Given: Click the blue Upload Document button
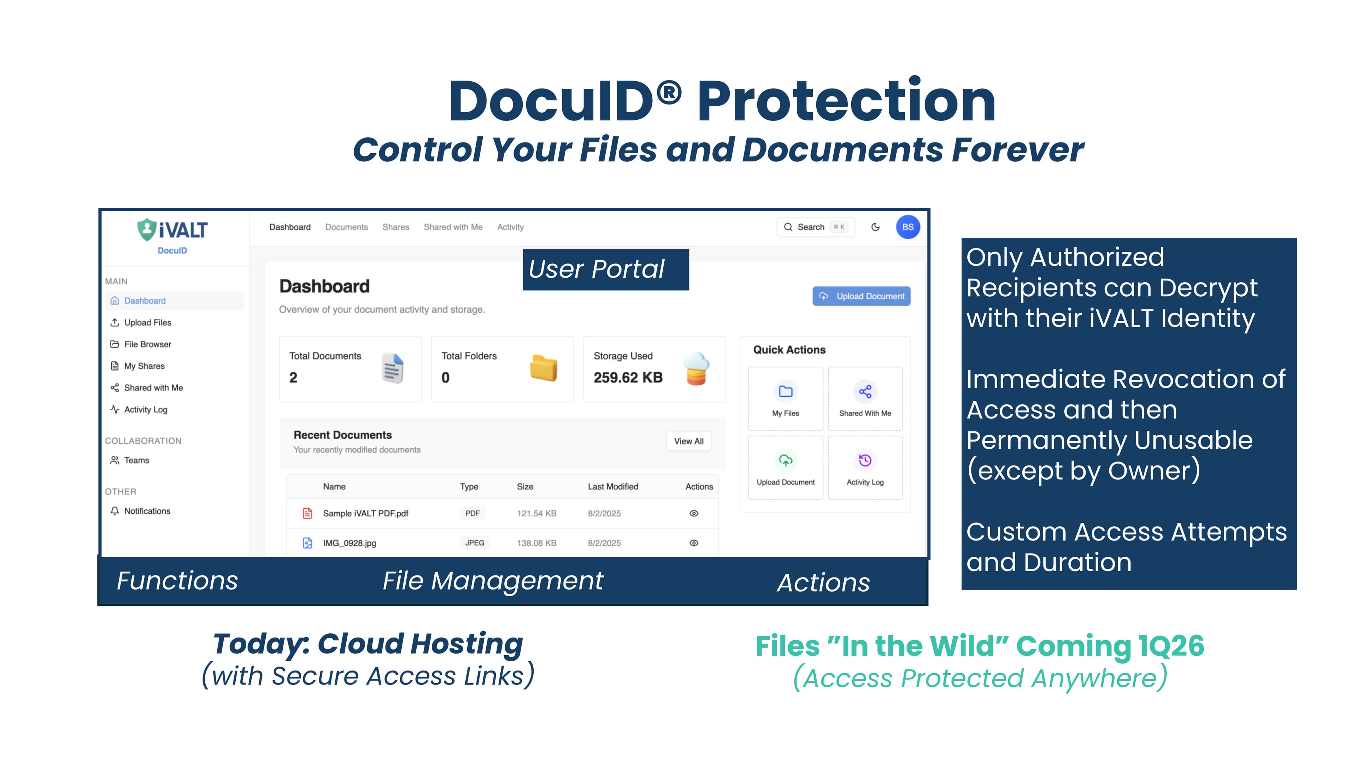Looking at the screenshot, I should point(861,296).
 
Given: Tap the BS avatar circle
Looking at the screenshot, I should point(907,227).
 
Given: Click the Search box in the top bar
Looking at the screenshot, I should point(815,227).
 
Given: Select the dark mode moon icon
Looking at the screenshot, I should point(876,227).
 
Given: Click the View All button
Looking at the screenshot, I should point(688,441).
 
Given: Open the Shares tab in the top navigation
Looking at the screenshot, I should point(396,227).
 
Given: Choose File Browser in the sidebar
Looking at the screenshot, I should point(147,344).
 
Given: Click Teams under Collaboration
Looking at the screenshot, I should point(136,460).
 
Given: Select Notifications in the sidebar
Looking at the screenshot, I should point(147,511).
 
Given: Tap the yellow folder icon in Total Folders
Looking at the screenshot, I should point(543,368).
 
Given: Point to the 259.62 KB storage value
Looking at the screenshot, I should point(628,378).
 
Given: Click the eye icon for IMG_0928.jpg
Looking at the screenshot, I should point(694,543).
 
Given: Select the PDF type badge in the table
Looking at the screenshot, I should point(472,513).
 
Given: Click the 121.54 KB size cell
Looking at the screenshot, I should point(536,513).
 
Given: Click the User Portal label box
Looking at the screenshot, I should point(606,270).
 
